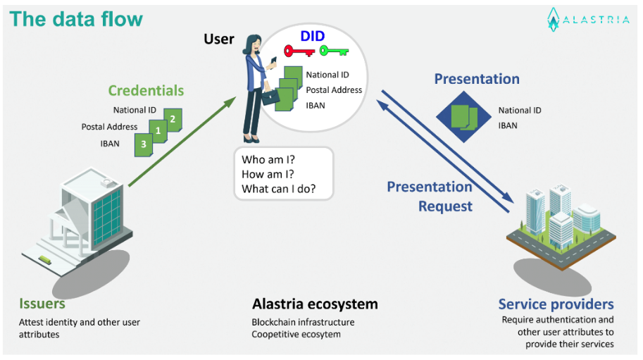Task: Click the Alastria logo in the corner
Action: click(x=589, y=20)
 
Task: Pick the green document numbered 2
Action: click(x=172, y=118)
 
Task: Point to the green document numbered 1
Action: click(x=158, y=130)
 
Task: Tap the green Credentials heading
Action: click(x=146, y=91)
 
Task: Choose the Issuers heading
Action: click(x=42, y=304)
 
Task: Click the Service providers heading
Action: click(x=556, y=304)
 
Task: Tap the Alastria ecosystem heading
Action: click(x=315, y=304)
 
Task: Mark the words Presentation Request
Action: click(x=430, y=197)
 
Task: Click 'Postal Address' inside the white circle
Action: click(x=334, y=90)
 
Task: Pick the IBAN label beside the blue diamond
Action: click(x=508, y=125)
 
